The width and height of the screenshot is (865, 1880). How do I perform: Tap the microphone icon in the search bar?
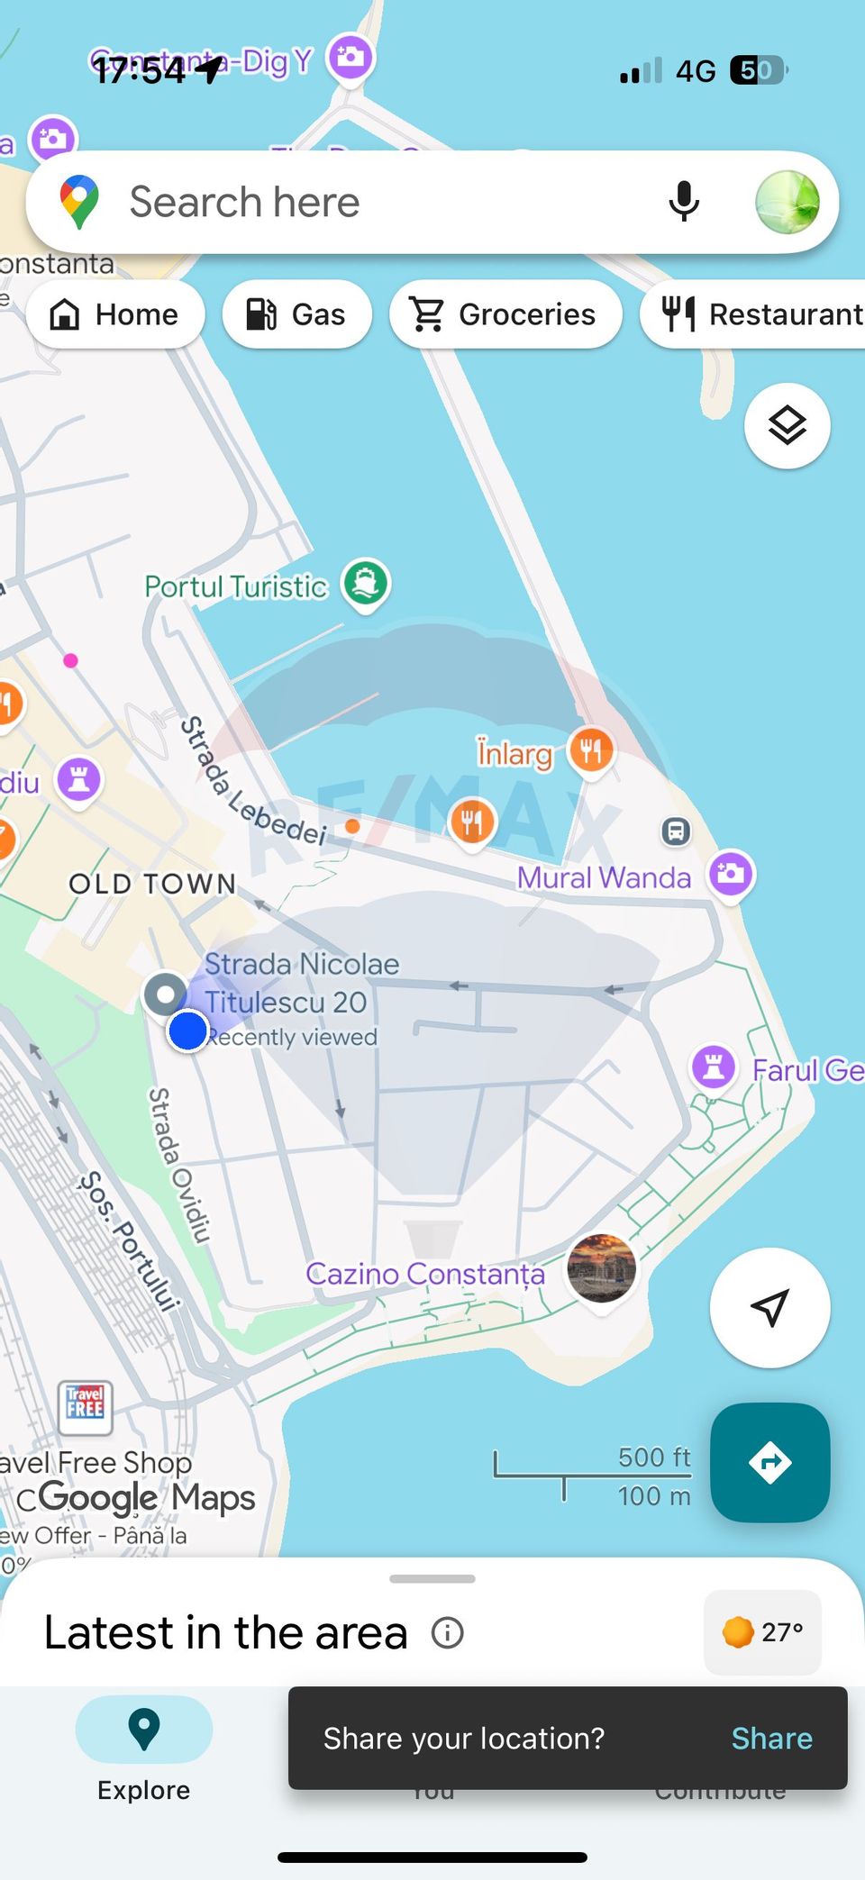[684, 201]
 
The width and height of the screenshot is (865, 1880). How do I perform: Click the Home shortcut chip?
[115, 314]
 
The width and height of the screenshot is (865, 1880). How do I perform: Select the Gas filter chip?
[296, 314]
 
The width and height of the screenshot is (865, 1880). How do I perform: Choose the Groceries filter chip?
[505, 314]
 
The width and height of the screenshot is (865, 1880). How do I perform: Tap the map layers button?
[787, 425]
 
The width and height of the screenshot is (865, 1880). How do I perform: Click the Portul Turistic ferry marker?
[365, 583]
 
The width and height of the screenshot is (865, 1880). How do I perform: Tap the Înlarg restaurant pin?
[591, 749]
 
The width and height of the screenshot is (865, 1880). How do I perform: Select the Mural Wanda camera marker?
[731, 874]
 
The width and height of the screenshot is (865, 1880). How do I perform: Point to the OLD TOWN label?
[152, 884]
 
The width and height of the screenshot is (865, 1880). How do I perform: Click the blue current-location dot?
[188, 1031]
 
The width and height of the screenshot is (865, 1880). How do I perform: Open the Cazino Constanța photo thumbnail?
[601, 1268]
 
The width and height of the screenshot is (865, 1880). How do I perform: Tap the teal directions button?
[769, 1462]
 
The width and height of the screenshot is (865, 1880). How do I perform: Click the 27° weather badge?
[762, 1631]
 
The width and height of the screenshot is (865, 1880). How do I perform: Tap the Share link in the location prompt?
[771, 1738]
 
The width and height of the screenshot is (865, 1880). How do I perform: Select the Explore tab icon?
[144, 1729]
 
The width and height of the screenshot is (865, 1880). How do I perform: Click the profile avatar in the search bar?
[787, 202]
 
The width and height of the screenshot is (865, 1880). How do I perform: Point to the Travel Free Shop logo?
[86, 1406]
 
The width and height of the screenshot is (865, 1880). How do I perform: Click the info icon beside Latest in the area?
[447, 1632]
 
